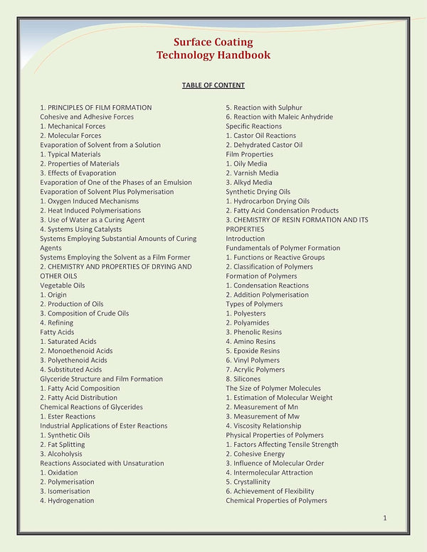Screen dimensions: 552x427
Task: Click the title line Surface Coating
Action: pyautogui.click(x=213, y=42)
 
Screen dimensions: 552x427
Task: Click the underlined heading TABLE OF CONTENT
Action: pyautogui.click(x=213, y=85)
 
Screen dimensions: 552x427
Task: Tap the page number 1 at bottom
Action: pyautogui.click(x=384, y=518)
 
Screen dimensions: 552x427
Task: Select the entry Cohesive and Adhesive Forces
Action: pyautogui.click(x=86, y=117)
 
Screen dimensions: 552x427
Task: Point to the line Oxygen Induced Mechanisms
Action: pyautogui.click(x=89, y=201)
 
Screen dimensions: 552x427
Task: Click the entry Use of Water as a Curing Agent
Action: pyautogui.click(x=92, y=220)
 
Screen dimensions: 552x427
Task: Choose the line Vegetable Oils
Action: pyautogui.click(x=62, y=285)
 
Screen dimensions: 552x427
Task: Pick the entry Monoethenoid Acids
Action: pyautogui.click(x=75, y=351)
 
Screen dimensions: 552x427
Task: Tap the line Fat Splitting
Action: pyautogui.click(x=64, y=445)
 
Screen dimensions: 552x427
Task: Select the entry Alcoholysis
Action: pyautogui.click(x=60, y=454)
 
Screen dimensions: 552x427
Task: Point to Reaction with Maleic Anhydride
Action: pyautogui.click(x=279, y=117)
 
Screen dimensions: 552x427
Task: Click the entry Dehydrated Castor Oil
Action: pyautogui.click(x=264, y=145)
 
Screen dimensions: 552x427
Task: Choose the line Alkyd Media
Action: pyautogui.click(x=248, y=183)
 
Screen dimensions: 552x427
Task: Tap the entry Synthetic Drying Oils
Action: pyautogui.click(x=258, y=192)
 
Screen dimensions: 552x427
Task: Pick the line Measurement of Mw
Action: pyautogui.click(x=260, y=416)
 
